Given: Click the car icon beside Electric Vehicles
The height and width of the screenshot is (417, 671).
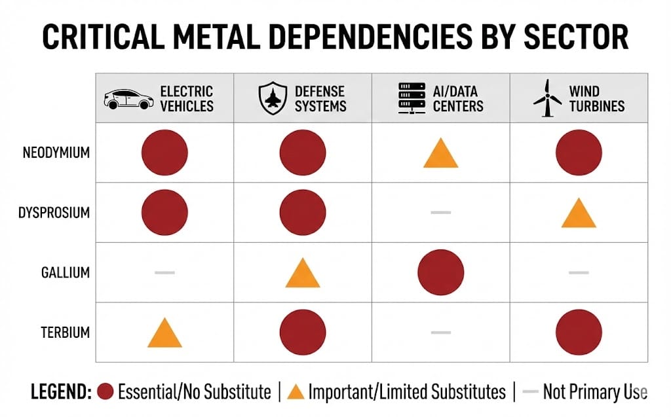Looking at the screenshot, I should click(128, 99).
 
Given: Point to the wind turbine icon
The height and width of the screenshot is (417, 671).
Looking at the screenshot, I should click(547, 100).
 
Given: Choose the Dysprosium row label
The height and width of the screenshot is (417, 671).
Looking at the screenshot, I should click(56, 213).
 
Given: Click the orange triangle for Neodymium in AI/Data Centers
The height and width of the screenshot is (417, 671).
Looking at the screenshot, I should click(440, 154).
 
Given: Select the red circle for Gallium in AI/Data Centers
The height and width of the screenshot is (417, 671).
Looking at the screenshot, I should click(440, 272).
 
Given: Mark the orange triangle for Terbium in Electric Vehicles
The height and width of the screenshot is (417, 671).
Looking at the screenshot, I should click(164, 333).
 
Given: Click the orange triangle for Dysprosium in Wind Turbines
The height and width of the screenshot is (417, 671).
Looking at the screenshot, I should click(579, 214).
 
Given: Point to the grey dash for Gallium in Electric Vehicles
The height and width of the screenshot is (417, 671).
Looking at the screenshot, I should click(164, 272).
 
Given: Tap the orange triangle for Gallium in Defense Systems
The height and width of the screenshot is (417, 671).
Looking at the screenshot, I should click(303, 274).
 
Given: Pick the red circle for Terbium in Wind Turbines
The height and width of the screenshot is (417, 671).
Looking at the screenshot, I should click(579, 331).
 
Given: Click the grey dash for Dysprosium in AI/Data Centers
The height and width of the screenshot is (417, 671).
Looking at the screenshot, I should click(440, 213).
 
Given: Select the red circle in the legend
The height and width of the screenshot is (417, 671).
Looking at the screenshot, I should click(105, 392).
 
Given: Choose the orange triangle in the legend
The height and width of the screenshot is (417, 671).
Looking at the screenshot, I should click(296, 392).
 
